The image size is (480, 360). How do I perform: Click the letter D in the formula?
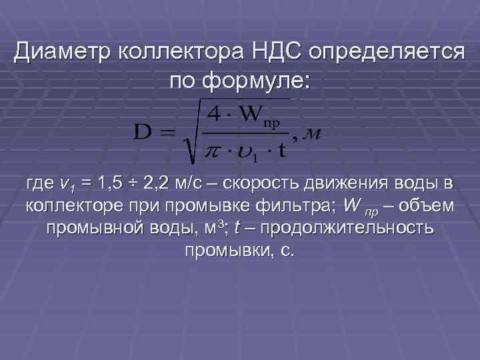[x=145, y=131]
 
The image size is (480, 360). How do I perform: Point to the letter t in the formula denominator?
[x=283, y=150]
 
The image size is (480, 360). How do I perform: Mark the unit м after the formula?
[x=313, y=135]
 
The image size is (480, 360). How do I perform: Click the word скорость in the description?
[x=253, y=183]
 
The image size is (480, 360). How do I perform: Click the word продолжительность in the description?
[x=348, y=228]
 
